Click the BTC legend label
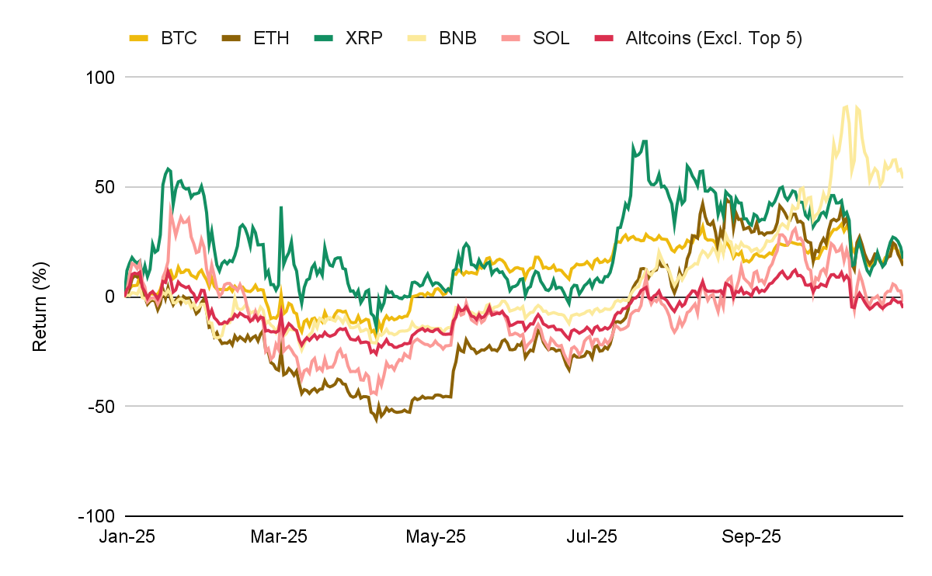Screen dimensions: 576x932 click(179, 38)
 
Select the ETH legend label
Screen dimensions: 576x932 click(271, 38)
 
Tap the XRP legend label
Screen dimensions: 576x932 click(363, 38)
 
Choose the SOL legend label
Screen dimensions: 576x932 click(550, 38)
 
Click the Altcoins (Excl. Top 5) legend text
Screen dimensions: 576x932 click(713, 38)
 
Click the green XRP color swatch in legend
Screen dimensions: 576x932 click(325, 38)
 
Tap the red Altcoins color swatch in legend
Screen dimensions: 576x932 click(603, 38)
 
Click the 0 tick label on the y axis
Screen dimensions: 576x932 click(110, 297)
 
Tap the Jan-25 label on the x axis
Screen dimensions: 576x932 click(127, 536)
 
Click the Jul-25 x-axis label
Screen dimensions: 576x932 click(592, 536)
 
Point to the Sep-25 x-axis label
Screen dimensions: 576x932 click(750, 536)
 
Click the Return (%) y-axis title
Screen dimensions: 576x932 click(40, 297)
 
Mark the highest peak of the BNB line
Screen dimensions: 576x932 click(846, 106)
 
